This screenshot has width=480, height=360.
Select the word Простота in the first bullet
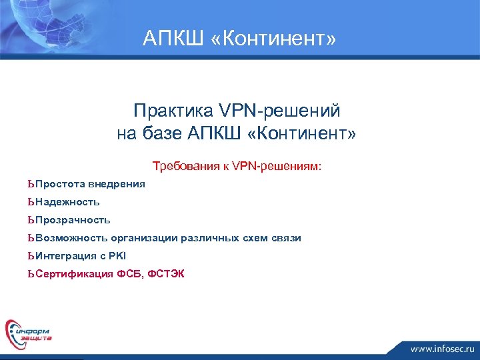point(61,183)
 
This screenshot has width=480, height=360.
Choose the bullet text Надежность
point(67,201)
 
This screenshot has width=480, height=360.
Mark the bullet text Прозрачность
point(73,219)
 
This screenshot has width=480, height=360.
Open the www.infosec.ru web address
point(441,348)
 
